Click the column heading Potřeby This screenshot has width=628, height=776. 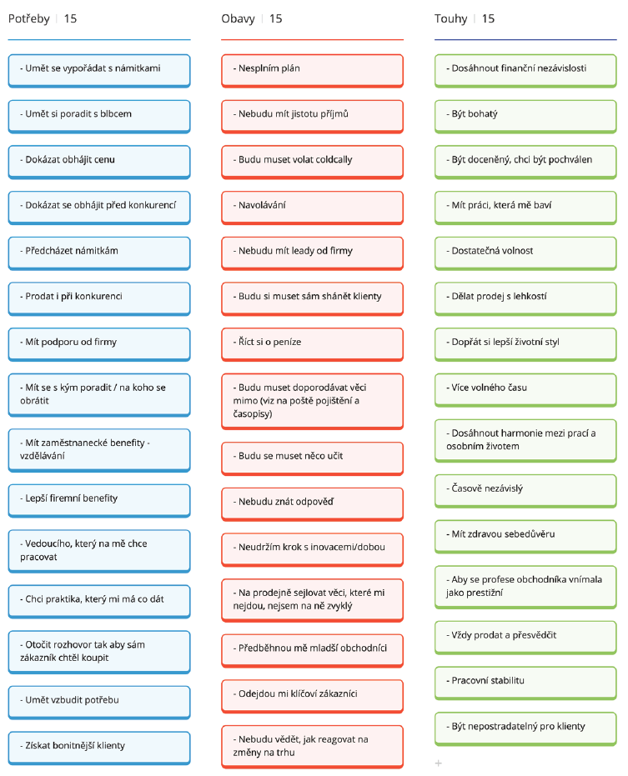coord(28,19)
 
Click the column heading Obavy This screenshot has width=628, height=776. coord(238,19)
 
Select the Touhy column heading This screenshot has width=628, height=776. coord(450,19)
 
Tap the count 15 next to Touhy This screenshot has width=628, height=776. coord(489,19)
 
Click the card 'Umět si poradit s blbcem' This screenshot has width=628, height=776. coord(99,117)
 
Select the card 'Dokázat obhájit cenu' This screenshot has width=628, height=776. coord(99,162)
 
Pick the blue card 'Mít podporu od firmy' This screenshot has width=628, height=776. coord(99,344)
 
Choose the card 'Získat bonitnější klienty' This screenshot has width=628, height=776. coord(99,748)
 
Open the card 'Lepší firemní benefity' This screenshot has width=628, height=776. coord(99,501)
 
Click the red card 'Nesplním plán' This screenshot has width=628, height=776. coord(313,71)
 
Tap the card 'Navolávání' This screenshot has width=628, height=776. coord(313,208)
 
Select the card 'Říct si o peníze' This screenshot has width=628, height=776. coord(313,344)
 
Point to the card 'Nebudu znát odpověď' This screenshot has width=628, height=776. coord(313,504)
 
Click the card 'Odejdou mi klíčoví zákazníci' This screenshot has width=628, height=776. coord(313,696)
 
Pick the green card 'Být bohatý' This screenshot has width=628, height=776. coord(525,117)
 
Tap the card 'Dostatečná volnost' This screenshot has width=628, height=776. coord(525,253)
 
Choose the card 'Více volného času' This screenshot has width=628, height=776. coord(525,390)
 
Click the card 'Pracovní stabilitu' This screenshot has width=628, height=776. coord(525,683)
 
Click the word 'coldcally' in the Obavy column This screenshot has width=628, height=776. coord(332,160)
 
